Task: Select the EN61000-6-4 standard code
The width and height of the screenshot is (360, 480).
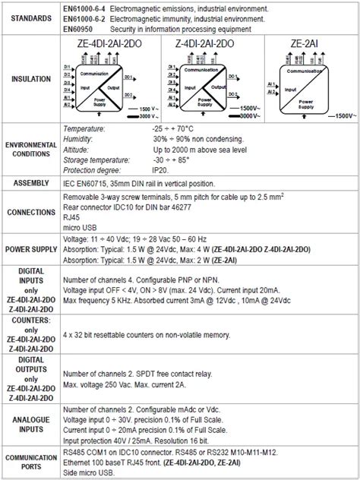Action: coord(84,7)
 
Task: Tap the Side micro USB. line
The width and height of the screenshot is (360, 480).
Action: coord(88,472)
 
